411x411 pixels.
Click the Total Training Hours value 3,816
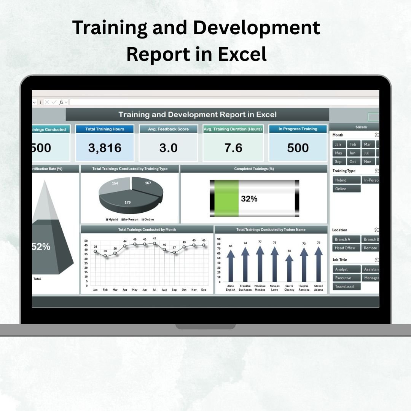click(x=105, y=148)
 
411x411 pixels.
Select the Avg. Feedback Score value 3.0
click(x=168, y=148)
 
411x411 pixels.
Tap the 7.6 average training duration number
click(x=233, y=148)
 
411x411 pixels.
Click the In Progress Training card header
click(x=298, y=129)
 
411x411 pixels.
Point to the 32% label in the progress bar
click(x=249, y=199)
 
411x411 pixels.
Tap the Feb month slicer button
click(x=353, y=144)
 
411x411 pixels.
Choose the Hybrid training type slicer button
click(x=346, y=180)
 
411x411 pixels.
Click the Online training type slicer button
click(x=346, y=189)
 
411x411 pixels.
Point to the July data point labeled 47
click(x=155, y=243)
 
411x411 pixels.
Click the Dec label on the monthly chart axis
click(x=204, y=290)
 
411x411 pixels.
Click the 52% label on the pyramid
click(x=41, y=247)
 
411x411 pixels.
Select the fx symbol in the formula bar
click(x=61, y=102)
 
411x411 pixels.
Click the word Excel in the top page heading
click(x=242, y=54)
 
